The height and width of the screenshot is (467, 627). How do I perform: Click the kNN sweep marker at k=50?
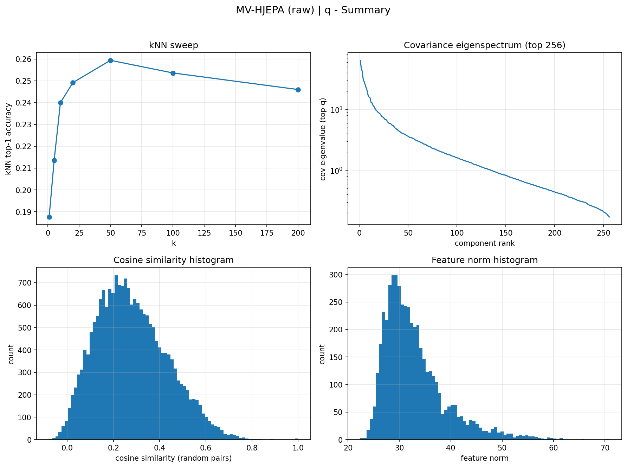(x=110, y=60)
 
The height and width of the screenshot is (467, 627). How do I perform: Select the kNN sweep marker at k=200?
(x=298, y=90)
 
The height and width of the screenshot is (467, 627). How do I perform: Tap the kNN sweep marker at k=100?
(x=173, y=73)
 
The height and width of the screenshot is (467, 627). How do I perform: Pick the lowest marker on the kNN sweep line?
(x=49, y=217)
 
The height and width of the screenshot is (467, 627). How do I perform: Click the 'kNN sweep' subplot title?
(x=174, y=45)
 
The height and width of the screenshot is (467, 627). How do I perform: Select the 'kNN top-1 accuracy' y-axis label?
(x=8, y=139)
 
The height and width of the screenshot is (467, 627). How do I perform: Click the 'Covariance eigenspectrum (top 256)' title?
(x=485, y=45)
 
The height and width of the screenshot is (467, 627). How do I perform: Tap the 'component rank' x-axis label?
(x=485, y=243)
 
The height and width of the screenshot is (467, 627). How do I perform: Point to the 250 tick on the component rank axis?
(x=603, y=232)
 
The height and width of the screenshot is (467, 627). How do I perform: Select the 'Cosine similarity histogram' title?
(x=174, y=260)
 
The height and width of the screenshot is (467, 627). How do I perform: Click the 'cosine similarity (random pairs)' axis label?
(x=174, y=458)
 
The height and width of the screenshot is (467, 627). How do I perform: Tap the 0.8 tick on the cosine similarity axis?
(x=252, y=448)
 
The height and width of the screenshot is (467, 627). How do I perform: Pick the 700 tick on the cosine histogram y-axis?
(x=27, y=283)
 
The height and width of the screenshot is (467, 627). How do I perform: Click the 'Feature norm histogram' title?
(x=485, y=260)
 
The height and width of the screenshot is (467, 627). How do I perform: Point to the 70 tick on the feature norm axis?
(x=605, y=448)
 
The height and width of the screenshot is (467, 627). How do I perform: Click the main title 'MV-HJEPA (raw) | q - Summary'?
(x=313, y=10)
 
